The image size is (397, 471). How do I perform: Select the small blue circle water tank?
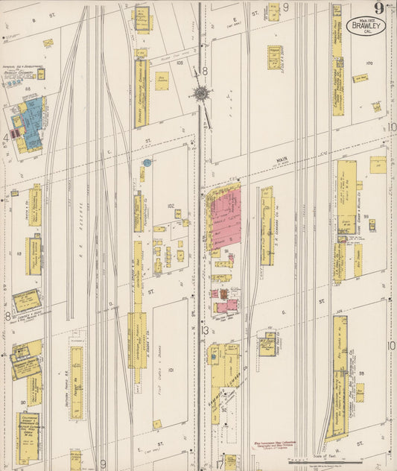click(147, 162)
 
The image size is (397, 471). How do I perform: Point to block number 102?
click(171, 206)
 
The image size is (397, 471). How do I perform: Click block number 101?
click(170, 370)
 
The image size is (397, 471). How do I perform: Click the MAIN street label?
click(281, 158)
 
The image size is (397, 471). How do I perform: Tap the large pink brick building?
click(226, 218)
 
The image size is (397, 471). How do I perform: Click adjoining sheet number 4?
click(6, 137)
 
